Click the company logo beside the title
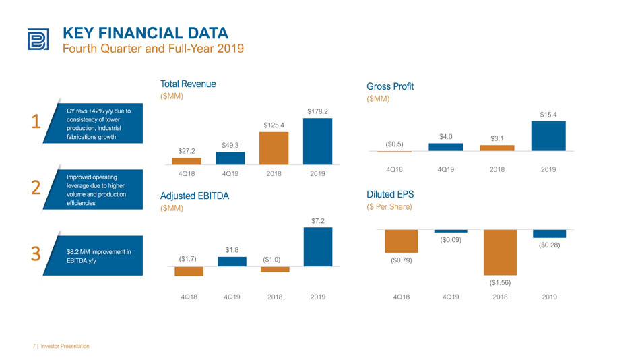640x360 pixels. (38, 39)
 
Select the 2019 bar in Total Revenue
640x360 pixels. (317, 142)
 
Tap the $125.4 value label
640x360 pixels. (274, 125)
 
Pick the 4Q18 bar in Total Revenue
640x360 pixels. (187, 161)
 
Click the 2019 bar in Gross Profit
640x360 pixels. (548, 136)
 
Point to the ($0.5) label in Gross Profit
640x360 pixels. (394, 144)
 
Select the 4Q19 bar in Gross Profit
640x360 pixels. (446, 147)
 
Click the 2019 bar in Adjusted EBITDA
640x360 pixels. (318, 247)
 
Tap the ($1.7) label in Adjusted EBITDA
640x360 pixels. (188, 259)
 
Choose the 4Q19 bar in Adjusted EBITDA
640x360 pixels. (232, 262)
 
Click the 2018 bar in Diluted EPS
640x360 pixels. (500, 252)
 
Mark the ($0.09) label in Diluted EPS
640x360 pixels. (451, 240)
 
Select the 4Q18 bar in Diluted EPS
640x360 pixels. (402, 241)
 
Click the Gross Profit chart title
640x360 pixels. (390, 86)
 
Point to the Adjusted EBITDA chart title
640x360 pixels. (195, 196)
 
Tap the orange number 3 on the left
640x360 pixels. (36, 253)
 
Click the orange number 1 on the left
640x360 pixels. (36, 121)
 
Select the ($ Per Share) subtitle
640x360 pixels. (389, 207)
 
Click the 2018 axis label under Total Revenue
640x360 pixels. (274, 174)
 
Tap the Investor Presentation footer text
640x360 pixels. (65, 346)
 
